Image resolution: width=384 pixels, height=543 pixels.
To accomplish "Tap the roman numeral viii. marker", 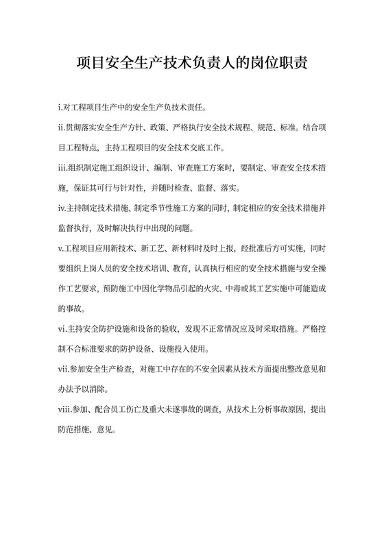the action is pyautogui.click(x=64, y=409).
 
